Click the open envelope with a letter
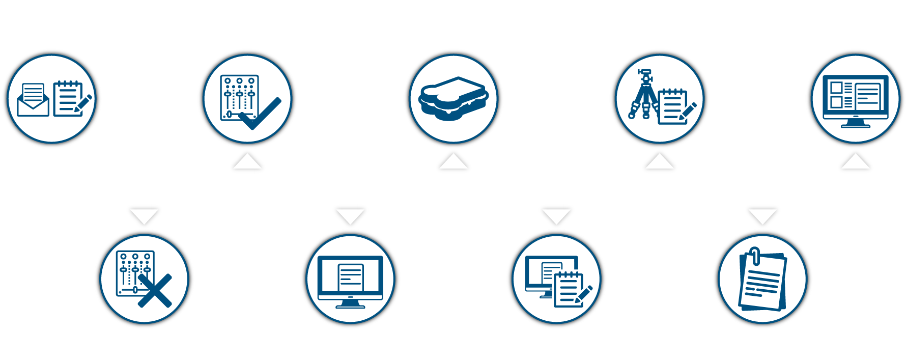pos(33,101)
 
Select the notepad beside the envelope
pos(69,98)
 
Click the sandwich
pos(453,98)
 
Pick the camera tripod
pos(643,95)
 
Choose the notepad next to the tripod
pos(672,106)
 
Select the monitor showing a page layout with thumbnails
pos(855,100)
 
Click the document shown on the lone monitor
pos(351,277)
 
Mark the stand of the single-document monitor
pos(350,304)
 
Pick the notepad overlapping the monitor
pos(568,289)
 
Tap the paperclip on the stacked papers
pos(755,255)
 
